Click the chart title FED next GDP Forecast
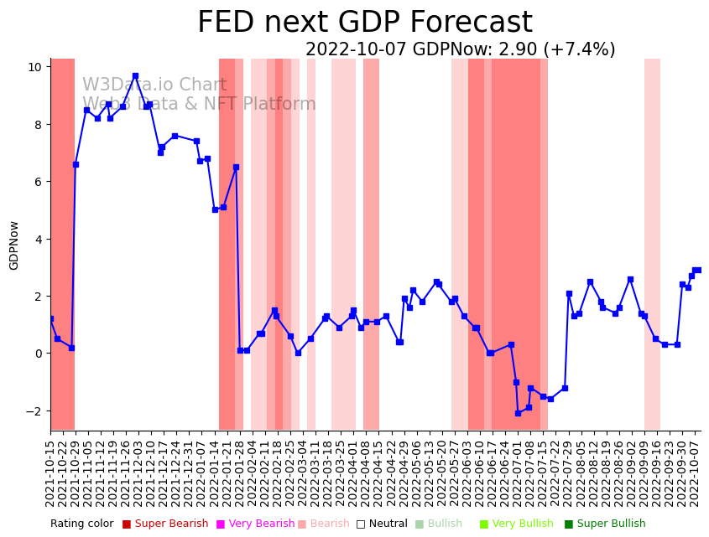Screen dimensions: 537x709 point(364,23)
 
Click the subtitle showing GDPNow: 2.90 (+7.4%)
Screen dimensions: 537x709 point(460,50)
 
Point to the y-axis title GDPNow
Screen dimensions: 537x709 point(14,245)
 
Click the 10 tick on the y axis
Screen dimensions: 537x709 point(38,67)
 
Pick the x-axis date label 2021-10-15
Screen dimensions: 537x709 point(50,473)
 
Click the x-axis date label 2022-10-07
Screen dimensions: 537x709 point(696,473)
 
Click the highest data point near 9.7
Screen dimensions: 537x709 point(135,75)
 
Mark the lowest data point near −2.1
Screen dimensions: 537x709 point(518,413)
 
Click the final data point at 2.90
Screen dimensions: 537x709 point(697,270)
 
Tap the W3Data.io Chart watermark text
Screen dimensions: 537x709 point(154,85)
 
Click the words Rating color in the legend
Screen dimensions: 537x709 point(81,524)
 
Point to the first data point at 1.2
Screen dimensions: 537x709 point(51,318)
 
